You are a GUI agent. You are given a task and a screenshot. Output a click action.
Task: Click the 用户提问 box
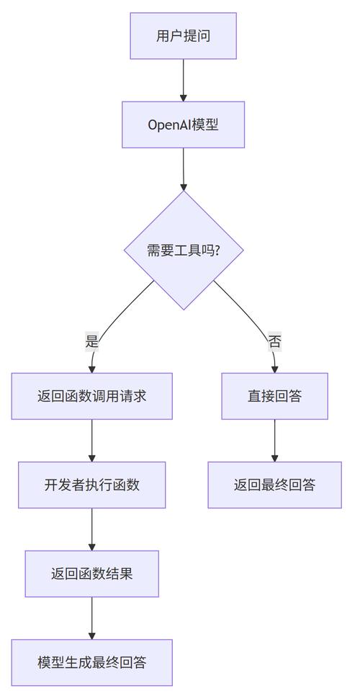point(183,36)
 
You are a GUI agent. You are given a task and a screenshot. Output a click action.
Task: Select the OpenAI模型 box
point(183,125)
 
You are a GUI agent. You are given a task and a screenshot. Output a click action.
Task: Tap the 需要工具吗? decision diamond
point(184,250)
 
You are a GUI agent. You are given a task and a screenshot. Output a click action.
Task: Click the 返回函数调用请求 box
point(91,396)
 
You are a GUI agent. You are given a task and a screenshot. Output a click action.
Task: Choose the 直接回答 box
point(274,396)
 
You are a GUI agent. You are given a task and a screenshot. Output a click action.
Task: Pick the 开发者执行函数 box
point(91,484)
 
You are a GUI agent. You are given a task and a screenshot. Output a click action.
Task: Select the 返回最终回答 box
point(274,484)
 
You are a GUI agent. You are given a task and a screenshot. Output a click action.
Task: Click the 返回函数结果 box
point(91,574)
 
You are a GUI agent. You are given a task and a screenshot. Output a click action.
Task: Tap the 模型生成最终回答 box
point(91,662)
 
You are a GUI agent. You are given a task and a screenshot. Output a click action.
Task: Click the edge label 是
point(91,341)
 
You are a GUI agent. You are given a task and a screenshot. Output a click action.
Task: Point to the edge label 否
point(274,341)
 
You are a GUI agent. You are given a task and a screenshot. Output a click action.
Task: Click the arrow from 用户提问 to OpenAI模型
point(183,79)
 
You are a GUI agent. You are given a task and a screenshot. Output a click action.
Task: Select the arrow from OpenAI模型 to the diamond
point(183,168)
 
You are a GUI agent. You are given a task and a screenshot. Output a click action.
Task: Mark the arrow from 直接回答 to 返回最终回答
point(274,441)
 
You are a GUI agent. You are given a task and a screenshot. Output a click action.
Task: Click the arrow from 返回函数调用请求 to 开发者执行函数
point(91,441)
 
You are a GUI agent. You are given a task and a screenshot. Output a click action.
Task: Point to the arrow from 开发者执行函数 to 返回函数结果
point(91,529)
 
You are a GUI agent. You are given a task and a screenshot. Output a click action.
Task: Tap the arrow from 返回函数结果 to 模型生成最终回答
point(91,618)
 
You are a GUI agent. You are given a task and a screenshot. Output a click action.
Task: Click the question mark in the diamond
point(217,251)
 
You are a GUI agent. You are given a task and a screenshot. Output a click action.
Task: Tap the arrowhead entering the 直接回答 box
point(274,369)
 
